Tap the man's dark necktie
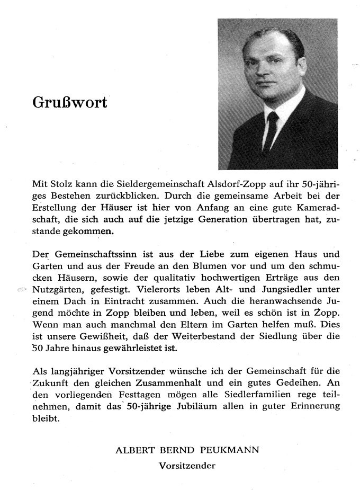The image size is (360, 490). pyautogui.click(x=272, y=130)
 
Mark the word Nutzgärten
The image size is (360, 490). pyautogui.click(x=57, y=290)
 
